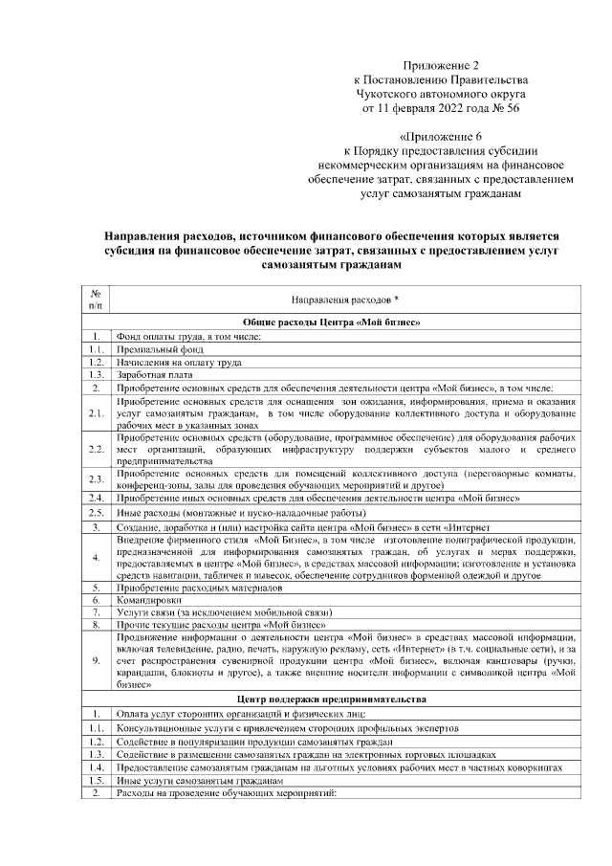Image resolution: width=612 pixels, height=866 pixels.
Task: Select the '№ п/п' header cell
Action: [x=97, y=300]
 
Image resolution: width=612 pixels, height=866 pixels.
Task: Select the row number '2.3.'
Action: [x=97, y=478]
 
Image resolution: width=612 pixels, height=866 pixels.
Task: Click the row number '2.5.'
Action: [x=97, y=512]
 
